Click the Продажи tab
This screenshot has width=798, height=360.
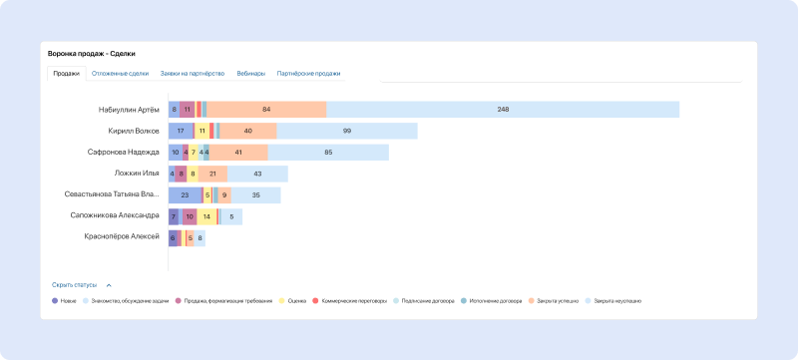pos(66,74)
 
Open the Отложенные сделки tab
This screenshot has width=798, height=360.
pos(120,74)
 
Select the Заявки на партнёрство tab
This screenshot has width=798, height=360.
pos(193,74)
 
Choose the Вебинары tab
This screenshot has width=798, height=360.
pos(251,74)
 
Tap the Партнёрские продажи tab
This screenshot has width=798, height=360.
pos(308,74)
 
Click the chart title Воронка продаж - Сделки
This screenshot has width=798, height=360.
pos(92,53)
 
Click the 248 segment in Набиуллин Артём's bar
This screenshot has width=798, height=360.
pos(503,110)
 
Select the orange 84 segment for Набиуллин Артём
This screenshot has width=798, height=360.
pos(266,110)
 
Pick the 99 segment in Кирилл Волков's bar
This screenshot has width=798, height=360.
pos(347,131)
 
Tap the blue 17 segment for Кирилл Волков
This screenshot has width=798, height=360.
pos(181,131)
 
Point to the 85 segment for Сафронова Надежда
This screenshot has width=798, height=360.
pos(328,153)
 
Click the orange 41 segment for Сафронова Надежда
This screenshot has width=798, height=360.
pos(238,153)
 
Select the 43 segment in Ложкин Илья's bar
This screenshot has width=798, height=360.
pos(257,174)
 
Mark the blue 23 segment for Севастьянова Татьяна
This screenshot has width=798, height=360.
pos(185,195)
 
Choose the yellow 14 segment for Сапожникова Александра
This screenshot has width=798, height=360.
pos(206,216)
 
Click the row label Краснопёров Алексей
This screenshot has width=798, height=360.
pos(123,237)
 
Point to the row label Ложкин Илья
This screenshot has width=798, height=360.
pos(137,174)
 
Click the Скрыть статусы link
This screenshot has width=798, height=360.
pos(75,284)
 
